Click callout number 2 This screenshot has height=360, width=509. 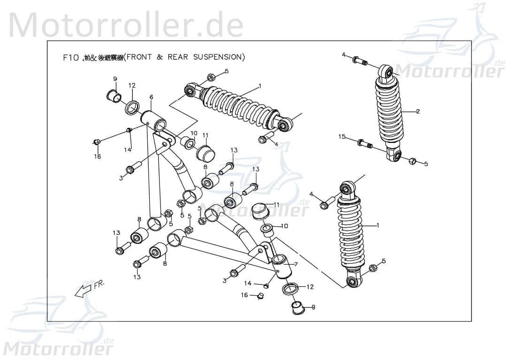[418, 111]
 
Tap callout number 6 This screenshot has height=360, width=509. [151, 97]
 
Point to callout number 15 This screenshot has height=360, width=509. [342, 136]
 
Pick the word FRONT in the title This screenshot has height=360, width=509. [139, 57]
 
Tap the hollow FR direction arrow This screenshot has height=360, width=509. [83, 291]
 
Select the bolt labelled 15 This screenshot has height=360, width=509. [364, 143]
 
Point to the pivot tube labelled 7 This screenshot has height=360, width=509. [281, 266]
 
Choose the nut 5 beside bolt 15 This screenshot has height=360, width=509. [412, 161]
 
